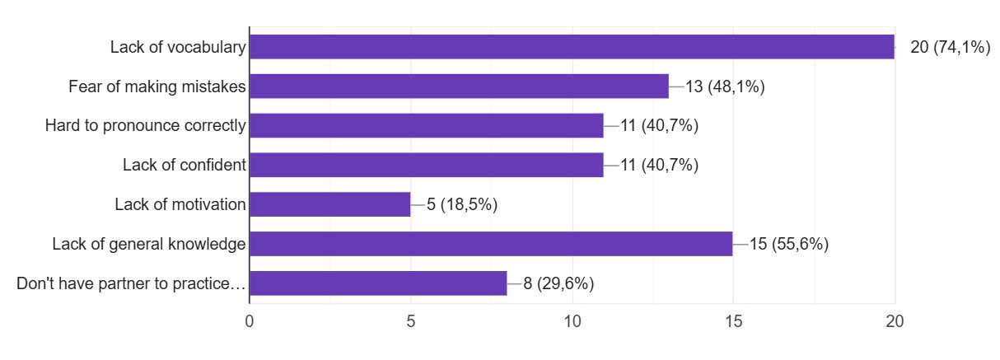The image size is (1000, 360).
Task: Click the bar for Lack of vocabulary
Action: click(572, 47)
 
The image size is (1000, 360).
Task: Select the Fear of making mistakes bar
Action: click(459, 86)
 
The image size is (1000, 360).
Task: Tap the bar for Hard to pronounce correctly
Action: click(427, 125)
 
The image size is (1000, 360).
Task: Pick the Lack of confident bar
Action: click(427, 165)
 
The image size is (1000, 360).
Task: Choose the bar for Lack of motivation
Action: click(330, 204)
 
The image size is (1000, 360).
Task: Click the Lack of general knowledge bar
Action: click(491, 244)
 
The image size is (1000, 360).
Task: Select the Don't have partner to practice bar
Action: click(378, 283)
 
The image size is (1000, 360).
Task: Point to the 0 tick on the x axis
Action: click(250, 322)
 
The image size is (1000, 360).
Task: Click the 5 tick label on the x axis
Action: click(411, 322)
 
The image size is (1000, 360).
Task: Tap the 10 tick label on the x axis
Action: click(572, 322)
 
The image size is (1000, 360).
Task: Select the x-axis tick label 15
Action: click(733, 322)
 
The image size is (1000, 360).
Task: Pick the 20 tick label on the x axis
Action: click(895, 322)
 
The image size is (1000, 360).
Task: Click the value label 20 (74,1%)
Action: click(950, 48)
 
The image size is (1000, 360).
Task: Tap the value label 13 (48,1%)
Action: click(725, 86)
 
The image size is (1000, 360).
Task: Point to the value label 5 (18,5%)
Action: click(462, 204)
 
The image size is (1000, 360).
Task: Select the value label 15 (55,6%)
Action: click(789, 244)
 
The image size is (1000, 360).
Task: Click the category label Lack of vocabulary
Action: click(178, 48)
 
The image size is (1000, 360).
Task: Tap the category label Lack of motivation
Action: click(180, 204)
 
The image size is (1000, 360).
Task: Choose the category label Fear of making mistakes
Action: click(157, 86)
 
